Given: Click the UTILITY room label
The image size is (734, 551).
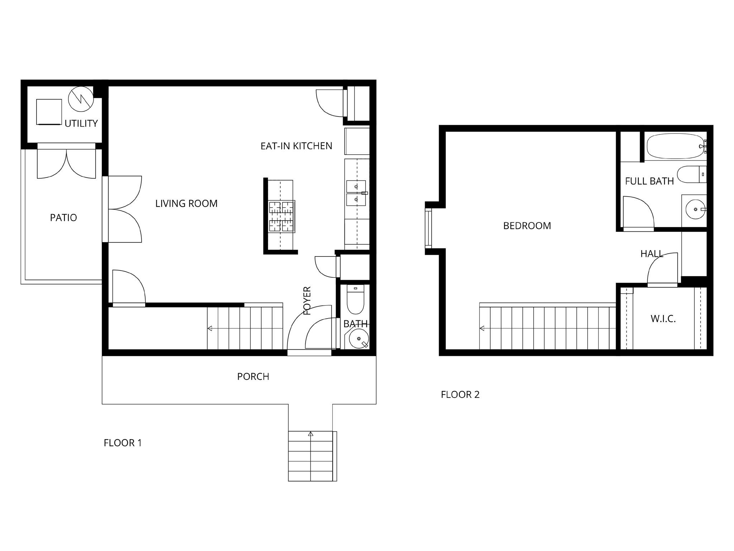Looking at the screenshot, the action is (81, 123).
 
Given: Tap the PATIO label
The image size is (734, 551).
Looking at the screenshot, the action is (63, 218).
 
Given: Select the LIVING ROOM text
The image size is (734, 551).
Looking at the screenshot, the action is (186, 204).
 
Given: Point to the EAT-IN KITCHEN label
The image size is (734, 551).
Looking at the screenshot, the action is (296, 146).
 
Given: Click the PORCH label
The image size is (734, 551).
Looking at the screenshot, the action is (253, 377).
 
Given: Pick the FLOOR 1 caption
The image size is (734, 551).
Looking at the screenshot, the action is (123, 443).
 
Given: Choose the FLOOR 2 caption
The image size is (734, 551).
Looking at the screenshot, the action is (460, 395).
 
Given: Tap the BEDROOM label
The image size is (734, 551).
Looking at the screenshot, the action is (527, 226).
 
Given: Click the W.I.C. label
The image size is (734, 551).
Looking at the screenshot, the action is (663, 319).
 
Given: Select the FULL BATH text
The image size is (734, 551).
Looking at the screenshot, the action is (649, 181).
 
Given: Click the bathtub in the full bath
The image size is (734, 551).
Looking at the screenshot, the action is (676, 146).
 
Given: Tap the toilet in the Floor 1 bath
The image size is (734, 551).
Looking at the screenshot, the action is (356, 299).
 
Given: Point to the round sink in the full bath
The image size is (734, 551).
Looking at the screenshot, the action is (696, 209).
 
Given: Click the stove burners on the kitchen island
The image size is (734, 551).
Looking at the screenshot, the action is (282, 217).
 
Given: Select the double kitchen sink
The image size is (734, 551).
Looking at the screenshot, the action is (356, 193).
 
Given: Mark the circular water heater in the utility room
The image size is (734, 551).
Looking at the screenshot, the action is (81, 98).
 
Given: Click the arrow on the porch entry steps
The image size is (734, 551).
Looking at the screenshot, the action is (311, 434).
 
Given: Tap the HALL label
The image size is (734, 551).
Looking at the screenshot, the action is (652, 254).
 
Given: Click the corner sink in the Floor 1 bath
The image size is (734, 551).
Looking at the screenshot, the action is (359, 339).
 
